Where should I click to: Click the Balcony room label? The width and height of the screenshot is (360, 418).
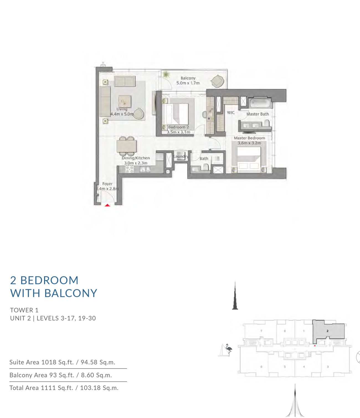click(188, 78)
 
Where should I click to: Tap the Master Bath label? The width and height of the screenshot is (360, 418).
click(258, 114)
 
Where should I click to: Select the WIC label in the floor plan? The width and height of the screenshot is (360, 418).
click(231, 113)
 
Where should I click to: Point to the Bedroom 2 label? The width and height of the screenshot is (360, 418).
click(178, 127)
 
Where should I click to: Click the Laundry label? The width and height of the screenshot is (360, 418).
click(181, 156)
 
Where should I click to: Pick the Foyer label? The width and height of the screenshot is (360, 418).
click(107, 184)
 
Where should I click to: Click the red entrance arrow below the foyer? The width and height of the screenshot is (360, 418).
click(107, 205)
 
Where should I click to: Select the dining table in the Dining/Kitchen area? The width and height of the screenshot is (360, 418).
click(127, 146)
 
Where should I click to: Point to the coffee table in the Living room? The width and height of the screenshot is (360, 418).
click(125, 102)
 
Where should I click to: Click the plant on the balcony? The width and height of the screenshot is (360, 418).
click(166, 75)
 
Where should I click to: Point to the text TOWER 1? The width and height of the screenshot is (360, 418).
click(24, 310)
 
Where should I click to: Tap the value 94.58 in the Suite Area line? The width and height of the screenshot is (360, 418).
click(89, 362)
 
